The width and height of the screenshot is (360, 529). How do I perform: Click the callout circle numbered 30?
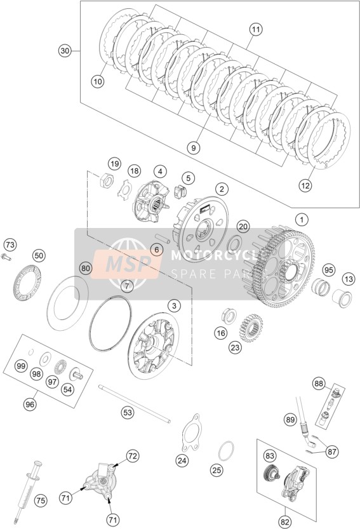click(64, 51)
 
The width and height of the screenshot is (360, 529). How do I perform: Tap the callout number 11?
click(256, 29)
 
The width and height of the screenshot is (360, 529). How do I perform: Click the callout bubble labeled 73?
click(10, 244)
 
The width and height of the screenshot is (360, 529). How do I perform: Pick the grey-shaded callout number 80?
click(86, 269)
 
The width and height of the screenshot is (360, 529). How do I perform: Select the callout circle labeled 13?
click(348, 279)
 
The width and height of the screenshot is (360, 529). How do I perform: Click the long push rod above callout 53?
click(135, 403)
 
